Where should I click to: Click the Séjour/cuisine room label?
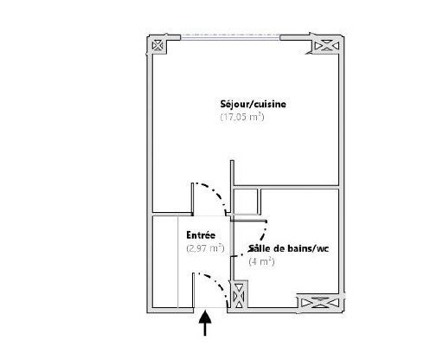[254, 104]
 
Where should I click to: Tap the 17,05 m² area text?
[242, 117]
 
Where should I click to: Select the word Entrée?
[201, 235]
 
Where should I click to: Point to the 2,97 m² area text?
[205, 248]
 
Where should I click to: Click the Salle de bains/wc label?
[288, 248]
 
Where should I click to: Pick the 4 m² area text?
[261, 261]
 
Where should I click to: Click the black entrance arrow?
[205, 323]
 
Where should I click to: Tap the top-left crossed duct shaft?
[157, 45]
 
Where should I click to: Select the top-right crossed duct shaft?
[326, 46]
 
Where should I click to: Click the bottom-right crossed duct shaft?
[318, 303]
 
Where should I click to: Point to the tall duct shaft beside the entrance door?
[239, 296]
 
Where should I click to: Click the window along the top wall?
[230, 36]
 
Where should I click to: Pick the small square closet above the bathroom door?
[246, 202]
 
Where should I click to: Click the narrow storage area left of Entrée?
[164, 261]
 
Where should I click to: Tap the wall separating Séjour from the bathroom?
[286, 187]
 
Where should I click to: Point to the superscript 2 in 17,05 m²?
[260, 114]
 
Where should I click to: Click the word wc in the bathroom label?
[323, 249]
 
